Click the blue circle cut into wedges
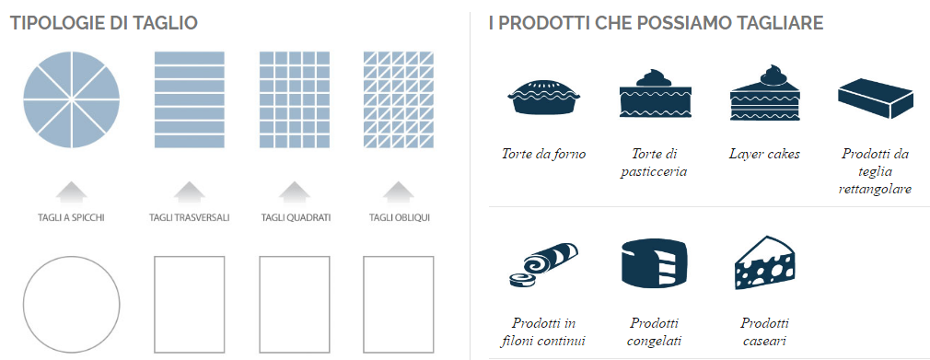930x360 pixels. point(71,99)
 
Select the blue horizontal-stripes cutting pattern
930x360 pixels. point(189,99)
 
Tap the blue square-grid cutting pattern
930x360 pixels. point(294,99)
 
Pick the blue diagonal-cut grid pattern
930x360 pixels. point(399,99)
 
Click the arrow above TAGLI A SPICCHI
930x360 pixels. point(71,192)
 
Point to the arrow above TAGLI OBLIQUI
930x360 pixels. point(399,192)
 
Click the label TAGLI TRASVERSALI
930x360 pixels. point(189,217)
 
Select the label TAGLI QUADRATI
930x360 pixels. point(296,217)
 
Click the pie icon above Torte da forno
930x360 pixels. point(543,97)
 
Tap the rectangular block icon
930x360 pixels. point(875,98)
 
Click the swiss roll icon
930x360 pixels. point(543,264)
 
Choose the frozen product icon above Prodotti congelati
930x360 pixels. point(654,264)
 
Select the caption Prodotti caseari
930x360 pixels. point(764,331)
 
